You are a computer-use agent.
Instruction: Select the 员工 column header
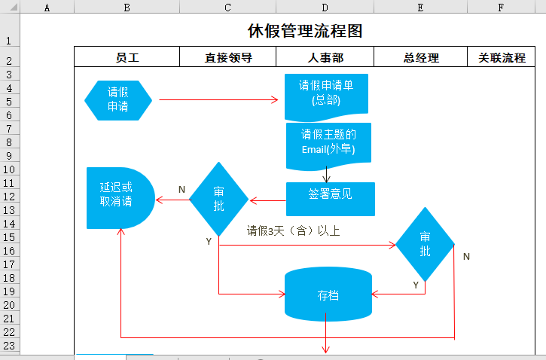(127, 57)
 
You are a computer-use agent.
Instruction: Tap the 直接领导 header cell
(227, 57)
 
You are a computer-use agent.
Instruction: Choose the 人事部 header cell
(325, 57)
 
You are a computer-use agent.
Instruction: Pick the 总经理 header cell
(420, 57)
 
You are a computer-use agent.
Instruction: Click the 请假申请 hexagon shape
(118, 99)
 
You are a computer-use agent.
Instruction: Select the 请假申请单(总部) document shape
(328, 93)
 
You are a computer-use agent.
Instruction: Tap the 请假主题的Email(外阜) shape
(328, 142)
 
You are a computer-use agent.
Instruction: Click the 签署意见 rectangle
(330, 194)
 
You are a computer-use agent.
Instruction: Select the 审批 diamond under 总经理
(426, 244)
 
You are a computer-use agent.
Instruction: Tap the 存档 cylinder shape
(328, 294)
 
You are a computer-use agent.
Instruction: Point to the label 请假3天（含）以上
(294, 231)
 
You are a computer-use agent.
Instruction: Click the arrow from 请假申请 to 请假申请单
(218, 99)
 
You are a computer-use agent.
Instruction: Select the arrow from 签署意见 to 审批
(267, 200)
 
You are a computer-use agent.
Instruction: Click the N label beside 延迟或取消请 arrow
(181, 189)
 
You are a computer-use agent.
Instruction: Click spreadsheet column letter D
(325, 8)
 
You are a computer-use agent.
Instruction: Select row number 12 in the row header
(9, 196)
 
